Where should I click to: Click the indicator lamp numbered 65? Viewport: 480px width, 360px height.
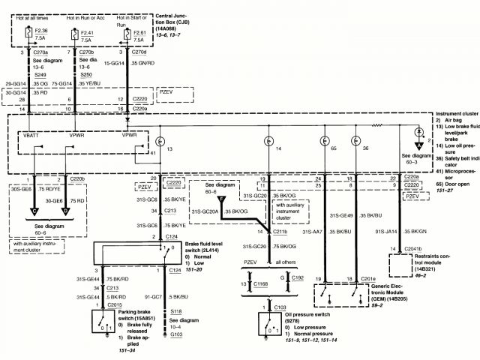tap(325, 140)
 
